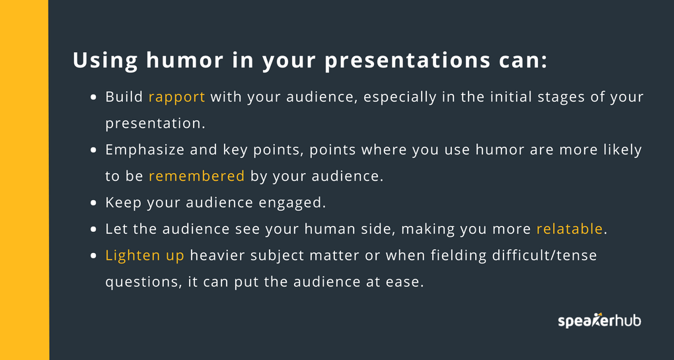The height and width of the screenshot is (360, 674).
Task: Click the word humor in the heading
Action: (185, 60)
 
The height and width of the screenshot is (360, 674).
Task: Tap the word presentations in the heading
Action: (408, 61)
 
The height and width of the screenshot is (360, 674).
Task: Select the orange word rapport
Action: (176, 98)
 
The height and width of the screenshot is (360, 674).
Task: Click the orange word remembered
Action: (196, 176)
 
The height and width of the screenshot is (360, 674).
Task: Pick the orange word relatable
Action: (570, 229)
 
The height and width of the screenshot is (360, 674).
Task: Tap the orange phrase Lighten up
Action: (145, 256)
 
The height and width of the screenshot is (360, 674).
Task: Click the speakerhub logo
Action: (599, 320)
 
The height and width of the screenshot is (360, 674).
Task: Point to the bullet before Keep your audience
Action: (94, 203)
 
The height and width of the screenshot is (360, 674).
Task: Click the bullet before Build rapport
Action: (94, 98)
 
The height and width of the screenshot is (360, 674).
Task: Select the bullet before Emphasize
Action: (94, 151)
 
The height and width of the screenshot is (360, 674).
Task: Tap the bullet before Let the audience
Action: (94, 229)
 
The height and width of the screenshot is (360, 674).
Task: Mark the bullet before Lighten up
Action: (94, 256)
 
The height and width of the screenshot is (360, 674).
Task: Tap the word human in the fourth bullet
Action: (329, 229)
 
